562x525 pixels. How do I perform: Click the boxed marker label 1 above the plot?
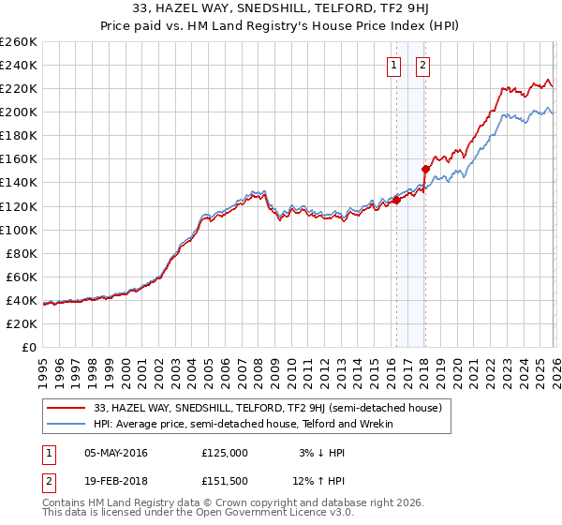click(393, 66)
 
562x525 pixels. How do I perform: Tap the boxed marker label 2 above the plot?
click(423, 66)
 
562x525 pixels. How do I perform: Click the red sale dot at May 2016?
click(396, 200)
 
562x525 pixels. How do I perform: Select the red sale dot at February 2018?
click(425, 169)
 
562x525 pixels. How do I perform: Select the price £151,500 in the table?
click(225, 481)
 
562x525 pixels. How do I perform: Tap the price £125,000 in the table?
click(225, 453)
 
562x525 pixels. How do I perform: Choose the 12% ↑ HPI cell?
click(321, 481)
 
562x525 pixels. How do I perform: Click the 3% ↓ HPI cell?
click(321, 453)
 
